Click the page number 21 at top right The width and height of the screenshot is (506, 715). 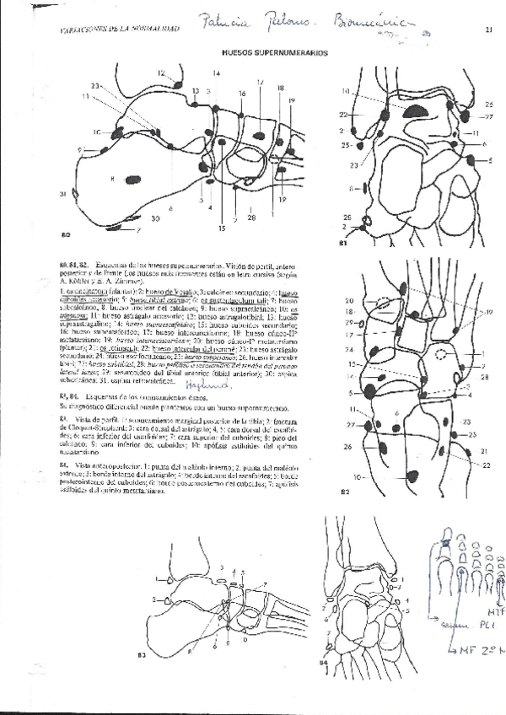tap(489, 30)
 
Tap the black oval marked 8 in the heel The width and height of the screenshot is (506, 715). tap(132, 179)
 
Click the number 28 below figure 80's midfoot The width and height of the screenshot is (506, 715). tap(250, 218)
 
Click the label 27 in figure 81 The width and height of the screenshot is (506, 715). tap(489, 116)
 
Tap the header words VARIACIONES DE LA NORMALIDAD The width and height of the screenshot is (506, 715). tap(120, 29)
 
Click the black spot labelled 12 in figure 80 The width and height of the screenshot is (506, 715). tap(178, 84)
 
